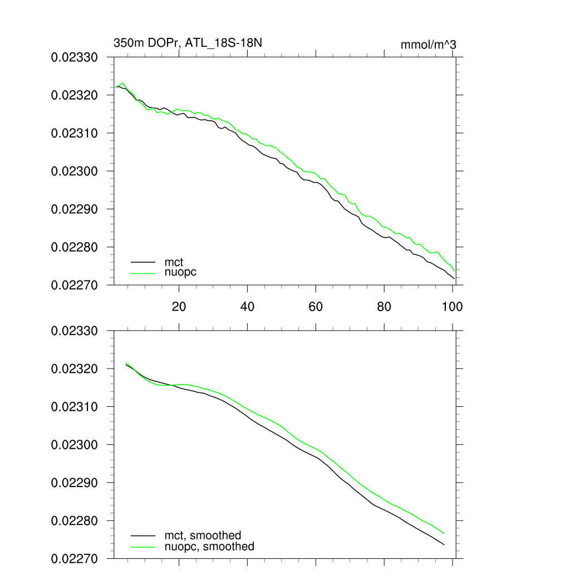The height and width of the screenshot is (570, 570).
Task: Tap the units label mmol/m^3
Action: coord(428,45)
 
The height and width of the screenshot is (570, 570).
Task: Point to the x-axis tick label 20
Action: coord(179,306)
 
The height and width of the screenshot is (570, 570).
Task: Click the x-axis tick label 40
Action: coord(247,306)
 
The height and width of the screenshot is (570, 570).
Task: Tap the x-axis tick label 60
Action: coord(316,306)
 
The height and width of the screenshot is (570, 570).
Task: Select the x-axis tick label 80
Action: coord(384,306)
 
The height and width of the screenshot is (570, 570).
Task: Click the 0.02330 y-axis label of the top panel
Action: coord(75,57)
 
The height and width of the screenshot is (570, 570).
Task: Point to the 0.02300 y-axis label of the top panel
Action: coord(75,171)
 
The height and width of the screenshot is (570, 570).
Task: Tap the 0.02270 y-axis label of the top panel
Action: coord(75,285)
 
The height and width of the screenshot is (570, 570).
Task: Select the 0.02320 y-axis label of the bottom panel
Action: coord(75,369)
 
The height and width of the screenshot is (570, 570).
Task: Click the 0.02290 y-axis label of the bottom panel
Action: coord(75,483)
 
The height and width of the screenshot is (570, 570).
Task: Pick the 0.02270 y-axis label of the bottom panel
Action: coord(75,559)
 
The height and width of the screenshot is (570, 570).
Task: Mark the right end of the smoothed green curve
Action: coord(444,533)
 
